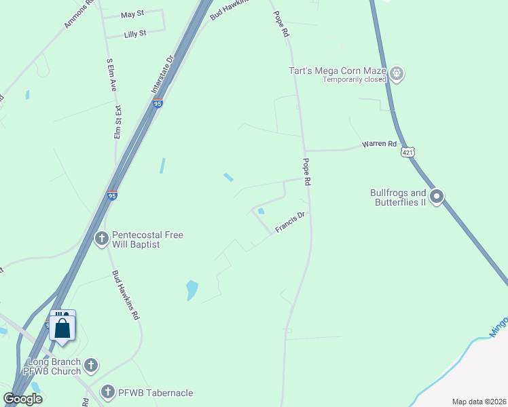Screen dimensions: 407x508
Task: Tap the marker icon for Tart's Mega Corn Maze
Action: [x=397, y=73]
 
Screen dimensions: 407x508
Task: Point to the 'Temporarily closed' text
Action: [x=354, y=79]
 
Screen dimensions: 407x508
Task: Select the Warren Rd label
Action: [x=379, y=144]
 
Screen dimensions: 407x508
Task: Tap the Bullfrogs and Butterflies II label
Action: [x=397, y=197]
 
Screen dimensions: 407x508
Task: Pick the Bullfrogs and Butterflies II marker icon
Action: [x=437, y=197]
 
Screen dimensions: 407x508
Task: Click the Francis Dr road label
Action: [x=291, y=223]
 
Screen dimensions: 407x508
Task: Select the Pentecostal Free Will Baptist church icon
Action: [x=102, y=239]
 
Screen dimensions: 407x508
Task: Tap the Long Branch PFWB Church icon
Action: [x=91, y=366]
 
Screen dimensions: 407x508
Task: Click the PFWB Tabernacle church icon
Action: [x=107, y=392]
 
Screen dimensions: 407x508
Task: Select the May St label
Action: [x=132, y=14]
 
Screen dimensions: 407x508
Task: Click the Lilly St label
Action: [x=135, y=33]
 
